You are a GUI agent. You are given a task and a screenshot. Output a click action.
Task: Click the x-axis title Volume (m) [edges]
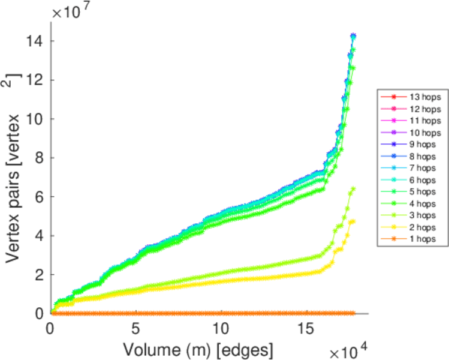198,348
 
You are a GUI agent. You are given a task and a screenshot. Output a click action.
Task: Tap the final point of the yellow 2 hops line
353,221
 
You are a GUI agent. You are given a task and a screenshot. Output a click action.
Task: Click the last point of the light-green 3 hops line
354,188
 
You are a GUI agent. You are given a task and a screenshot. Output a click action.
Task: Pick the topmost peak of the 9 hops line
353,35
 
